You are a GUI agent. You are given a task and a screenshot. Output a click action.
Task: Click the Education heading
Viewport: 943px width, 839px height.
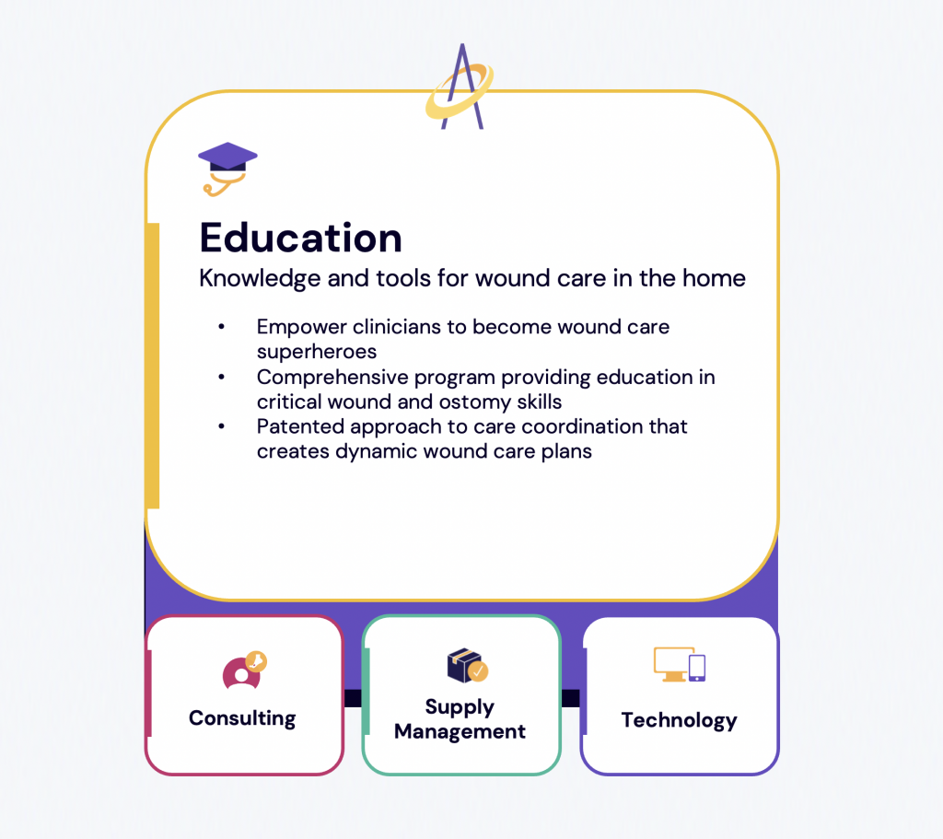(301, 238)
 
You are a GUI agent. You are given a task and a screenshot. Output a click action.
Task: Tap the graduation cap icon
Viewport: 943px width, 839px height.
(227, 169)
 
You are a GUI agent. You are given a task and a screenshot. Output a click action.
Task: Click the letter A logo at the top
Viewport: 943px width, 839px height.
(460, 87)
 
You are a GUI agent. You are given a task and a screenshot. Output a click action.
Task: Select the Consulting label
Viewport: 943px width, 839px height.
(242, 718)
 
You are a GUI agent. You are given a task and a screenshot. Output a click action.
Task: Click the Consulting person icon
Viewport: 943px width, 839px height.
(244, 671)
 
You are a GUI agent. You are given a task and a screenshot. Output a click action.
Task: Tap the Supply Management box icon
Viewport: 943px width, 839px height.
(467, 665)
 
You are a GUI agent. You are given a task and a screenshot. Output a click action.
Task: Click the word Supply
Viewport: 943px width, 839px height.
(460, 707)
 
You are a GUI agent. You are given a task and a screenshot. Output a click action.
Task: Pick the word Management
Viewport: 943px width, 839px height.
(460, 731)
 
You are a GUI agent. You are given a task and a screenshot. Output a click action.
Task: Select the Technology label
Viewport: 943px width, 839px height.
(680, 720)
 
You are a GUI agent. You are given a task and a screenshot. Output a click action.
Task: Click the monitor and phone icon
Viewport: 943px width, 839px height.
(680, 665)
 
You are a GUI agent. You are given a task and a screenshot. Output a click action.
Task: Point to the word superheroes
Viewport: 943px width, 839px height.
(317, 352)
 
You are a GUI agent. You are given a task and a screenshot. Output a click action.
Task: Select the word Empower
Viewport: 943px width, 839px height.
(301, 327)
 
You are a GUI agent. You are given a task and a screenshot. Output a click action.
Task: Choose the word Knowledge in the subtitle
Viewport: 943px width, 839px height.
(260, 278)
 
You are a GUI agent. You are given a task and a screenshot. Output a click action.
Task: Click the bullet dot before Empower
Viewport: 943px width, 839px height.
(221, 327)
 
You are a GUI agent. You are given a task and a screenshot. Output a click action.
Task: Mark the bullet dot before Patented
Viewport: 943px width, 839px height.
(221, 426)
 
